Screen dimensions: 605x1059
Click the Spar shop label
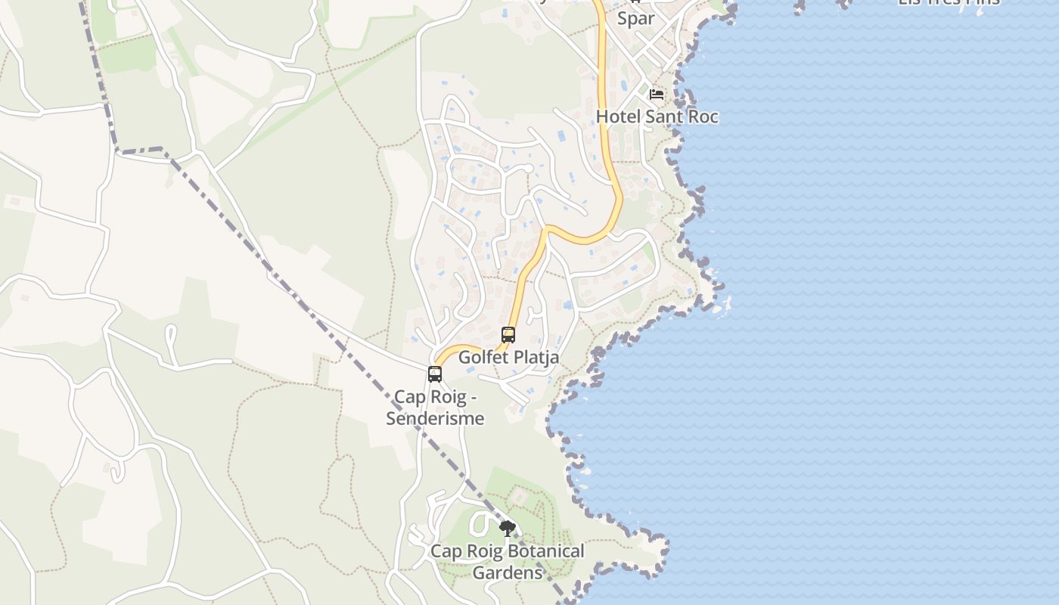(635, 18)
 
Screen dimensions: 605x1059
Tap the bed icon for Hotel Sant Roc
(657, 95)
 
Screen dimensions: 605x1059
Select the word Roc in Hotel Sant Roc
(704, 116)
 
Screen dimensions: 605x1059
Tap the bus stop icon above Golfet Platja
(508, 335)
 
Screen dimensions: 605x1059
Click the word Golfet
(482, 358)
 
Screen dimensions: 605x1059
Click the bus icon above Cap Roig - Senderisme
(435, 374)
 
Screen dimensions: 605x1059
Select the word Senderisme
(435, 418)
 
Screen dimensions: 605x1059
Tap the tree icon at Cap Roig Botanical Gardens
(508, 528)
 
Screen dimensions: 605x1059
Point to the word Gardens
(508, 573)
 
